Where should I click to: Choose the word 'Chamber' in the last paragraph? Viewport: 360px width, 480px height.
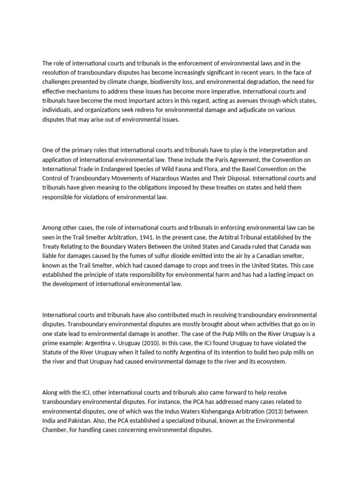55,430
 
